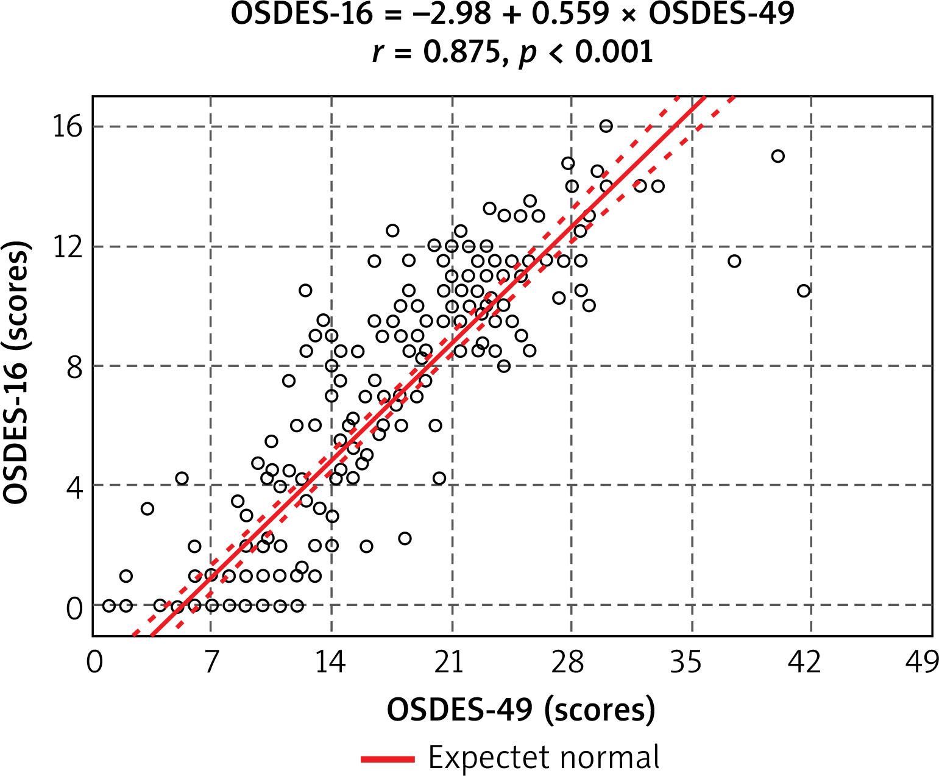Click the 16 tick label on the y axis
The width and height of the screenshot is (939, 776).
[67, 127]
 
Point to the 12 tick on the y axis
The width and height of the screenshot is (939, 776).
[67, 247]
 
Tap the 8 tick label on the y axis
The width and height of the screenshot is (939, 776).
[74, 367]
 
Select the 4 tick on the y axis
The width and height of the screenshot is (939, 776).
[74, 486]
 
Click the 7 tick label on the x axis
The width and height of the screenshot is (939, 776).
[211, 662]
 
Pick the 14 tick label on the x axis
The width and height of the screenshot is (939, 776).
[330, 662]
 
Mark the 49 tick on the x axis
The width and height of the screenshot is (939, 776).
[921, 662]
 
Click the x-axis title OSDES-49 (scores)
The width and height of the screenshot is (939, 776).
[521, 710]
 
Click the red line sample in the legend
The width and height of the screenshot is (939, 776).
[388, 759]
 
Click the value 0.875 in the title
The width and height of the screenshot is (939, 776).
[461, 52]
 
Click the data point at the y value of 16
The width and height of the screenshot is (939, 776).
[606, 126]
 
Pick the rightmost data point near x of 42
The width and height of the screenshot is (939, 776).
[804, 291]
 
